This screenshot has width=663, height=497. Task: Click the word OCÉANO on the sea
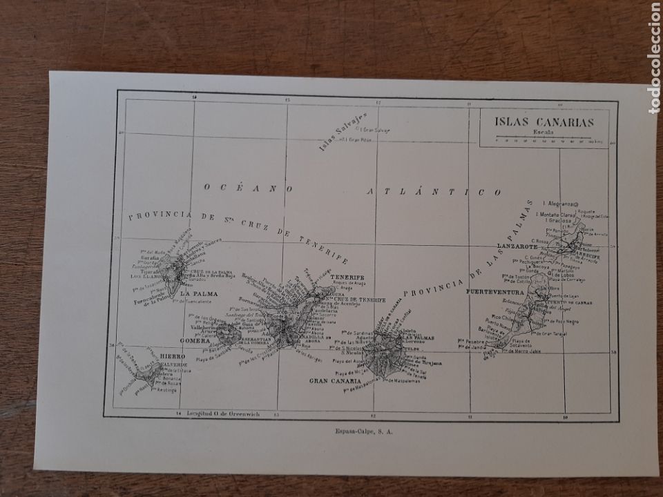pos(249,187)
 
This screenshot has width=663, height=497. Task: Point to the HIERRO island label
pos(172,356)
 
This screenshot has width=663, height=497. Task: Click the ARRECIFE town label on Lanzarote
pos(587,256)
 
